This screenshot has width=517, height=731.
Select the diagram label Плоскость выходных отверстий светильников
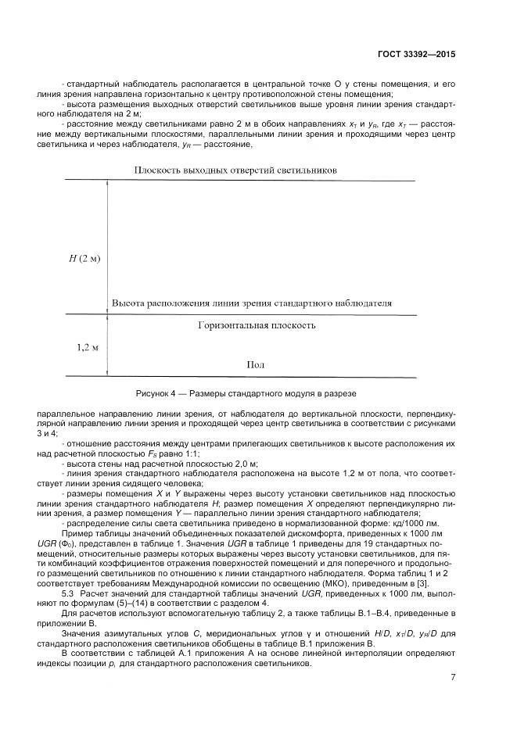tap(235, 170)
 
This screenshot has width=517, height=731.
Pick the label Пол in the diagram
tap(256, 364)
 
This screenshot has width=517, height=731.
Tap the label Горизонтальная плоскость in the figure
tap(256, 323)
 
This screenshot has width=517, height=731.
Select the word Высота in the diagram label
tap(129, 303)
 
